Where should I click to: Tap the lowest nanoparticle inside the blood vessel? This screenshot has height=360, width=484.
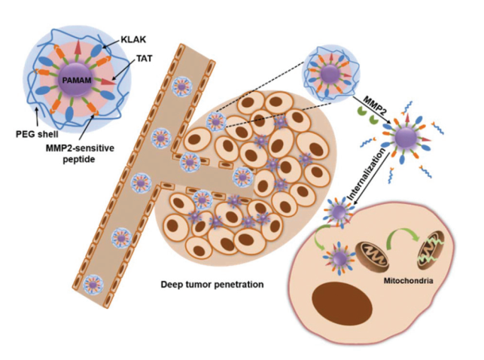pyautogui.click(x=93, y=284)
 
